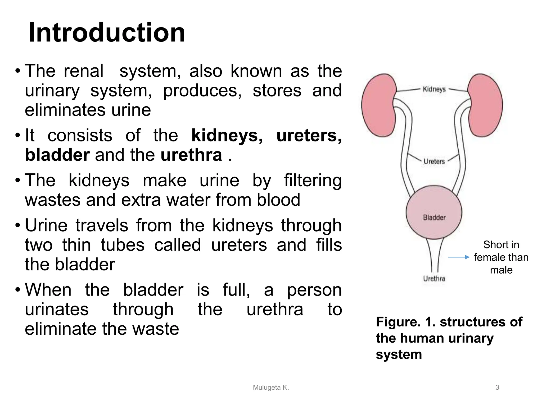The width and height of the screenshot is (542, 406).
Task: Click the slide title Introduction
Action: click(107, 33)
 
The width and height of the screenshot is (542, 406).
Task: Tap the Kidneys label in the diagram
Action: click(434, 89)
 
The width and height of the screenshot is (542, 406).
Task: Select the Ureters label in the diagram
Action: click(434, 161)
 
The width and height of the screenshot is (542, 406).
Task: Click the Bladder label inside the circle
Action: click(434, 217)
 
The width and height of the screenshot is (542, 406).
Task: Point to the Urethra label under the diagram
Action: click(434, 278)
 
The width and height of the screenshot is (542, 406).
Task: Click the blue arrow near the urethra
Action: click(458, 257)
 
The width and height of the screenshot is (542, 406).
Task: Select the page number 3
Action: click(497, 387)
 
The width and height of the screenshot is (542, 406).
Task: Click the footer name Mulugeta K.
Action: click(271, 387)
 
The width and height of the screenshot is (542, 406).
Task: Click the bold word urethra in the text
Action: click(191, 155)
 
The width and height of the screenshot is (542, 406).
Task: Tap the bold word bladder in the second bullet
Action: click(57, 155)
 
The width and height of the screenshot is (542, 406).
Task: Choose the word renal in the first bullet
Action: click(84, 71)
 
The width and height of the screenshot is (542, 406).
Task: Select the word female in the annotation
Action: click(488, 257)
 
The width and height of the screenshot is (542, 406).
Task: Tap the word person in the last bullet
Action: click(314, 290)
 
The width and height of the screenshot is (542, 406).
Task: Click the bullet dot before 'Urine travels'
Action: click(18, 225)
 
